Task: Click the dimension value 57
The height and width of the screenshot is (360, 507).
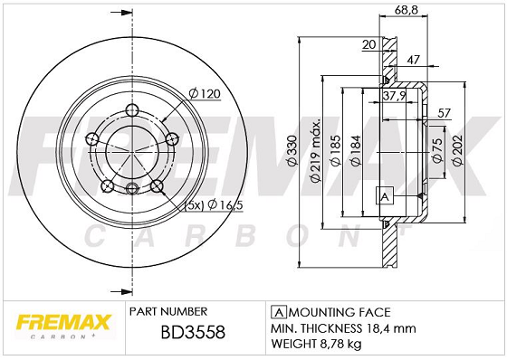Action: [x=444, y=112]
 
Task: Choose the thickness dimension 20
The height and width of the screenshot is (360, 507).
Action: [x=368, y=43]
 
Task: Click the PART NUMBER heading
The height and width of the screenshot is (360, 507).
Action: [x=169, y=309]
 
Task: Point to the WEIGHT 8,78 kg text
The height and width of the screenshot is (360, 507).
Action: [x=314, y=345]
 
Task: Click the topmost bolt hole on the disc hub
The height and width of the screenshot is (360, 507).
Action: [x=132, y=111]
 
